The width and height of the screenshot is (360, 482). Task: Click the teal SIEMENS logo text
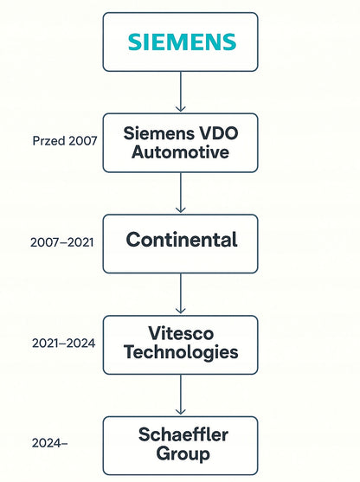click(x=182, y=42)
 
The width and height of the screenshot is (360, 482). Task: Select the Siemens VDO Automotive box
click(x=181, y=143)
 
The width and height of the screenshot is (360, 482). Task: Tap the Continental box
click(x=181, y=244)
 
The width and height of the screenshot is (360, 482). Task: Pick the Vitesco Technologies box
click(x=181, y=345)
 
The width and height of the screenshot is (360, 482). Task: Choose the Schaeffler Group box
click(x=181, y=446)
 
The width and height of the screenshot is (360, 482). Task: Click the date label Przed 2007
click(x=65, y=141)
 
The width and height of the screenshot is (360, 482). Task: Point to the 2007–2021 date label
click(x=61, y=242)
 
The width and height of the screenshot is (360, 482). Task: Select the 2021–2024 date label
click(x=64, y=343)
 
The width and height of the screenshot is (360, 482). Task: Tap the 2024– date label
click(x=49, y=443)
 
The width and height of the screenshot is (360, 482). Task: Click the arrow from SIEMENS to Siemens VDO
click(x=181, y=92)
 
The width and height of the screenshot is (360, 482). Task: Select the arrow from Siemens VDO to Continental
click(x=181, y=192)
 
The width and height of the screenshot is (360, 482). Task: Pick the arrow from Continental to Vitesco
click(x=181, y=293)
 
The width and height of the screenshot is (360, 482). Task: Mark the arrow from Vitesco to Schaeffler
click(x=181, y=395)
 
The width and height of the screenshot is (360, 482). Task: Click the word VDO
click(x=219, y=134)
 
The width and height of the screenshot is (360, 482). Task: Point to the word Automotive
click(x=181, y=152)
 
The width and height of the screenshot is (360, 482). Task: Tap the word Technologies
click(x=181, y=353)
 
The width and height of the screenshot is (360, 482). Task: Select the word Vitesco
click(x=181, y=333)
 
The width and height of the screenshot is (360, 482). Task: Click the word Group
click(x=183, y=454)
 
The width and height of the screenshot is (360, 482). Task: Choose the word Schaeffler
click(x=183, y=434)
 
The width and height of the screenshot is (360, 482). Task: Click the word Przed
click(x=49, y=141)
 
